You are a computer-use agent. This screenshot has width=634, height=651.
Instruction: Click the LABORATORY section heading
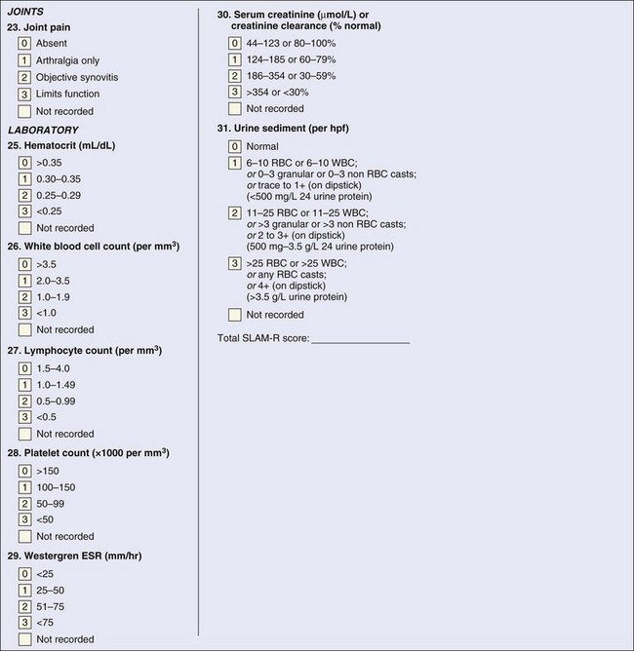(x=43, y=129)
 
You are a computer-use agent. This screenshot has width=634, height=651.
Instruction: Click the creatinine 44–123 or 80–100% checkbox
(x=234, y=43)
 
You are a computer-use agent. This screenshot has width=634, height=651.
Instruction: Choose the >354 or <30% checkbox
(x=234, y=92)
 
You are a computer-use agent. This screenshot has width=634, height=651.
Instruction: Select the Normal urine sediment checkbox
(x=234, y=145)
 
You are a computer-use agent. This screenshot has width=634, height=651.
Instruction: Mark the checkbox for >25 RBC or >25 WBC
(x=234, y=262)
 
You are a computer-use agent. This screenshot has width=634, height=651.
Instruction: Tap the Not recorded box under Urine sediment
(x=234, y=314)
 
